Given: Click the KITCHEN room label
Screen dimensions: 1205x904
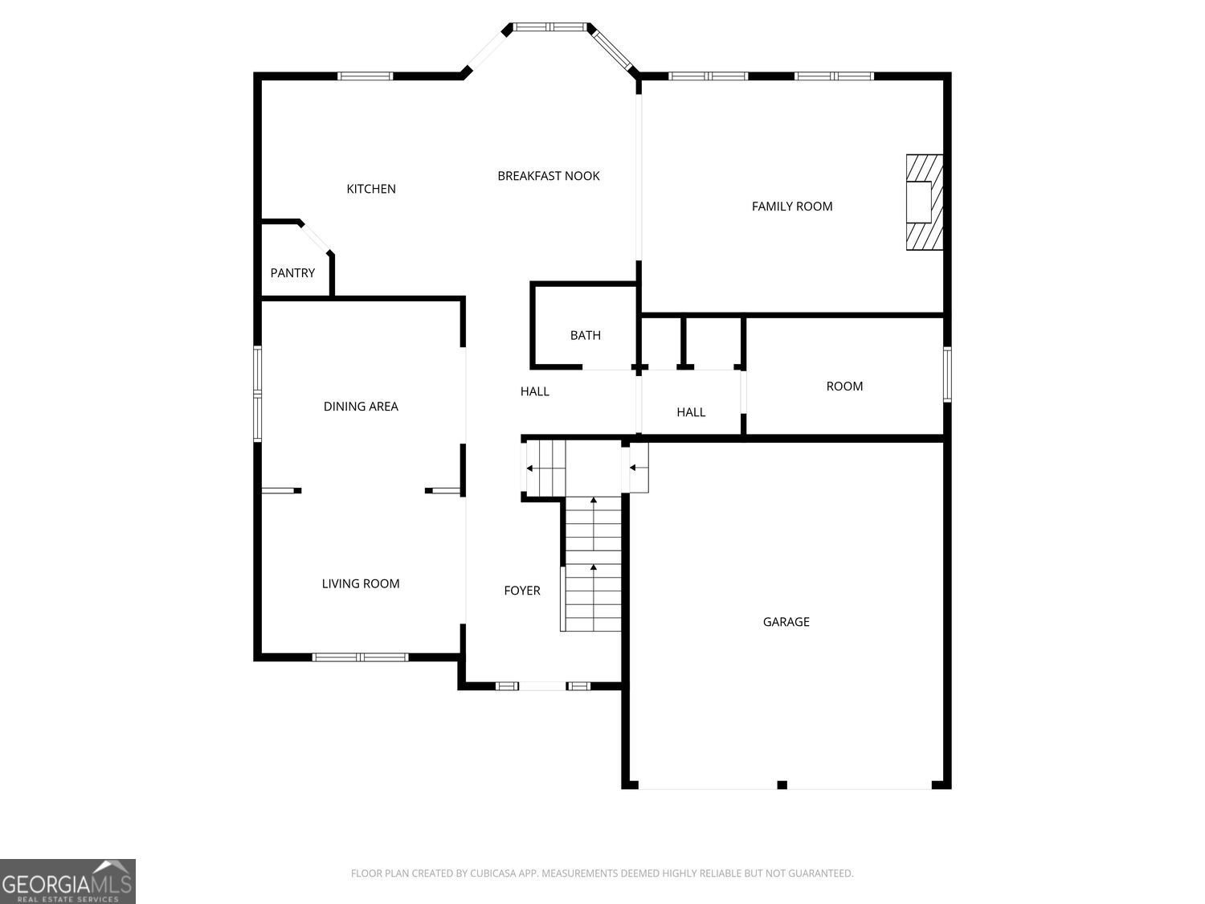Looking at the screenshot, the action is coord(371,189).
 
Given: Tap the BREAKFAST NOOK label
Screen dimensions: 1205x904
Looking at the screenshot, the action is coord(549,176).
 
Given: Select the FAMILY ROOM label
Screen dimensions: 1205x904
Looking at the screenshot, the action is coord(791,207).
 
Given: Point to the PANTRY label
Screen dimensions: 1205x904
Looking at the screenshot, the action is coord(292,272).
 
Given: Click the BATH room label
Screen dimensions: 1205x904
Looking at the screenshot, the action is coord(585,335).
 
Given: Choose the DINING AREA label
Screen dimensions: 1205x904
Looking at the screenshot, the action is coord(361,406).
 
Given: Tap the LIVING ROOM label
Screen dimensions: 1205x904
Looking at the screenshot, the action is coord(361,583).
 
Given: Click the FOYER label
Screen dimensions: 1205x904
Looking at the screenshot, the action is coord(522,591).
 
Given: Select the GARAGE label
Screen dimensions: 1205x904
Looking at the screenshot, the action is coord(786,622).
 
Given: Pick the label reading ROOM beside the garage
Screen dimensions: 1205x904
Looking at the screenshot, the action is coord(844,387).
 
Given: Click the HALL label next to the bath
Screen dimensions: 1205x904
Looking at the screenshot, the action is coord(535,391).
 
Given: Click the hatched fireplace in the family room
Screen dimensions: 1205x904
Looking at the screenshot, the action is coord(925,202).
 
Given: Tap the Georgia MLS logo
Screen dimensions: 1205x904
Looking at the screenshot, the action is coord(67,881).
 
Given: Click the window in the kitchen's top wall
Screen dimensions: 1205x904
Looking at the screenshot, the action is coord(365,76).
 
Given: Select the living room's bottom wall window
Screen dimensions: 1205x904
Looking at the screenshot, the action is coord(360,657).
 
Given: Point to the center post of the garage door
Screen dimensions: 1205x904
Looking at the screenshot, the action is coord(782,785).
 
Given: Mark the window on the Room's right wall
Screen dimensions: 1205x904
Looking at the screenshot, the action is coord(947,374).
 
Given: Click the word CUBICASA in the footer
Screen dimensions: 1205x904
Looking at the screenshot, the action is coord(493,873).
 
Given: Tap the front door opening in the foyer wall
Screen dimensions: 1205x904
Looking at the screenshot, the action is coord(542,685).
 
